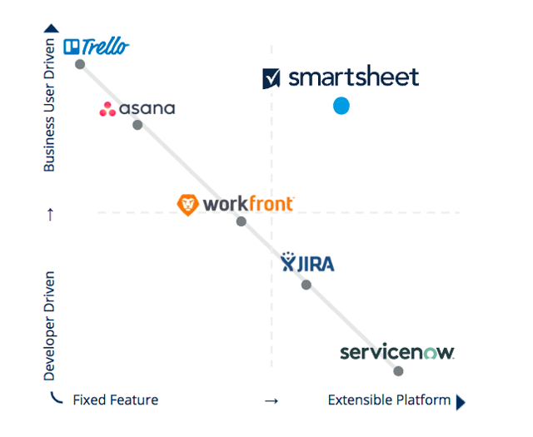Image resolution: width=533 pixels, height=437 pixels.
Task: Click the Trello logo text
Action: tap(104, 47)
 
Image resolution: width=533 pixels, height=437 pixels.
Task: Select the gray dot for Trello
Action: tap(80, 64)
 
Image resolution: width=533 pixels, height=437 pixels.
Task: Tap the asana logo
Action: tap(137, 108)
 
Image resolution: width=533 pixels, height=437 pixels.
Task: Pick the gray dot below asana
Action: tap(137, 125)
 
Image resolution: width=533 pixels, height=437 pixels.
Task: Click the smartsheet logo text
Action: tap(353, 78)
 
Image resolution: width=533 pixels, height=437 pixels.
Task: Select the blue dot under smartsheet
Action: tap(341, 106)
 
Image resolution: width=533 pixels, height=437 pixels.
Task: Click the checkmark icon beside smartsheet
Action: tap(271, 79)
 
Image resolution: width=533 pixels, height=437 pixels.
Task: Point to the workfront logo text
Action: tap(248, 203)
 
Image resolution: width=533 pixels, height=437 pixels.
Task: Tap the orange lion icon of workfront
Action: tap(188, 204)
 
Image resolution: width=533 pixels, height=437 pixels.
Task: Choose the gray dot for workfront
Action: tap(241, 221)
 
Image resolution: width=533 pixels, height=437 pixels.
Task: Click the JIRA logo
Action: tap(307, 264)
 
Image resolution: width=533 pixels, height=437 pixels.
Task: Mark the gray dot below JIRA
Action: tap(306, 285)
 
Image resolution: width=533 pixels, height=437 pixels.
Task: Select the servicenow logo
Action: tap(396, 352)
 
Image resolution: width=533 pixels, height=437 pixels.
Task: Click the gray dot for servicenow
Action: tap(398, 371)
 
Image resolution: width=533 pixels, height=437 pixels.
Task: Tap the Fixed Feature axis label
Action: tap(115, 400)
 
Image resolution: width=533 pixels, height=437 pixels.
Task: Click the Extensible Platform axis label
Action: tap(389, 400)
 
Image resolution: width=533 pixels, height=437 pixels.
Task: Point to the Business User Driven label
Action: tap(50, 105)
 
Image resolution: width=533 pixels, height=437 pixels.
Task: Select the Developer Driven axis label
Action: tap(50, 325)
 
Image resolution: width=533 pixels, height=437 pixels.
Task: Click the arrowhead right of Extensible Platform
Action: tap(461, 401)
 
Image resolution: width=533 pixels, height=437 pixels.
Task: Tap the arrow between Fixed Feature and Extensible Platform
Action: tap(271, 401)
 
